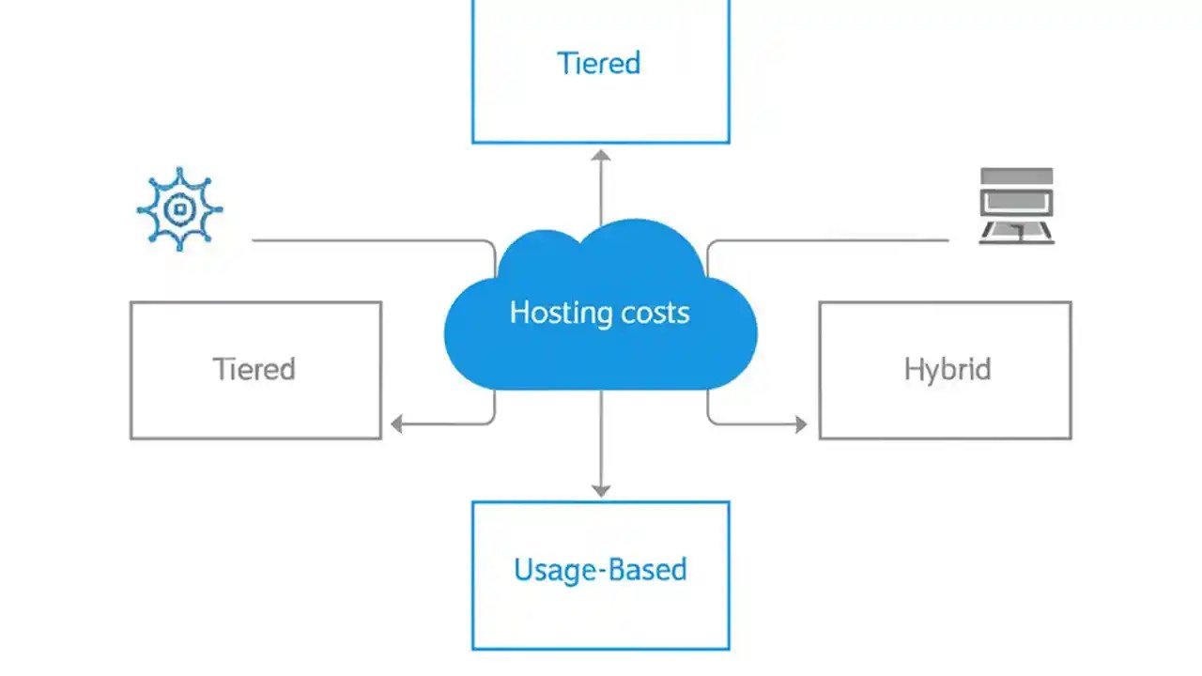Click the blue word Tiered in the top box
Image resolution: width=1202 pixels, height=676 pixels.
click(599, 63)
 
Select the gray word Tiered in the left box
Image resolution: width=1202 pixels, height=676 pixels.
click(254, 368)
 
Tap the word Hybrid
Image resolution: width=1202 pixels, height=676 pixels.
click(947, 369)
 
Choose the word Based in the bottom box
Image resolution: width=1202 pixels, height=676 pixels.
click(647, 570)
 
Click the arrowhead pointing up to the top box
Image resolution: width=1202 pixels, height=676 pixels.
click(601, 156)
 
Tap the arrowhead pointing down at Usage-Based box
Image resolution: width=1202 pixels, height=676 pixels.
click(601, 489)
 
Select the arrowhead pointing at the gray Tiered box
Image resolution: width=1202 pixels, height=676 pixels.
click(397, 424)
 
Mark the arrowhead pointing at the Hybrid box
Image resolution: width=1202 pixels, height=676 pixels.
click(800, 424)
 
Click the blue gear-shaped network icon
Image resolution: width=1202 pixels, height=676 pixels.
click(178, 210)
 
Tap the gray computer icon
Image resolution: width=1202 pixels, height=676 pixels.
click(1016, 207)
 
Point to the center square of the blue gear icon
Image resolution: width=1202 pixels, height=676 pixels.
click(178, 210)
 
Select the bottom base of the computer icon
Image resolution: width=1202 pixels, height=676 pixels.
click(1016, 239)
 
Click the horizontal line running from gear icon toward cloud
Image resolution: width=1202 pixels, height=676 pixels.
click(366, 240)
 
